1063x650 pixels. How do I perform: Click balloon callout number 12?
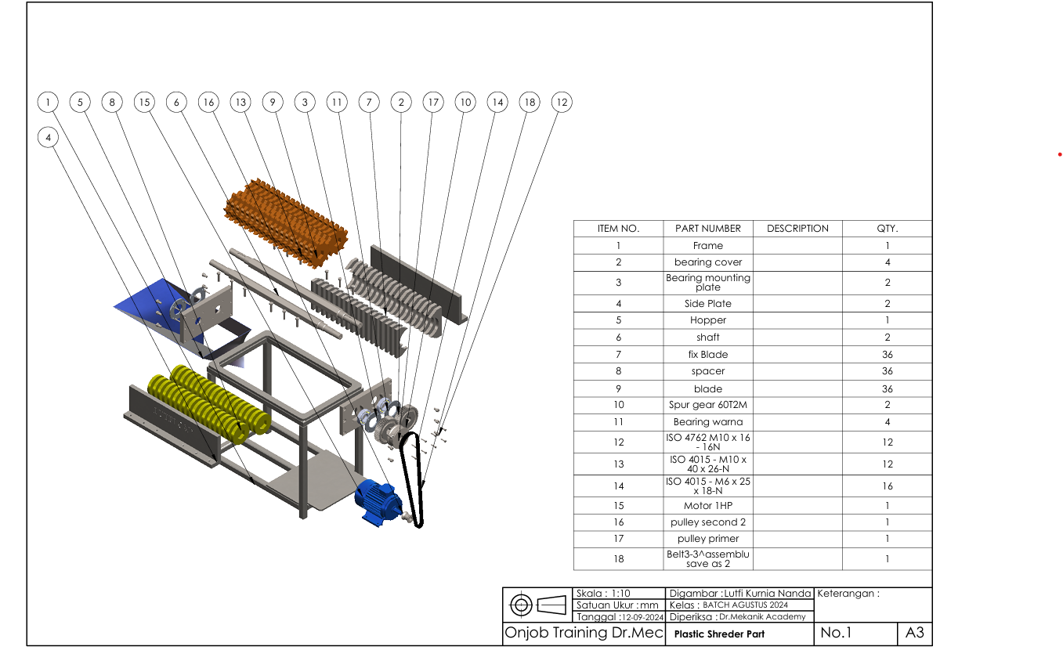(x=561, y=102)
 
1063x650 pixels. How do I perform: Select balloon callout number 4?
(x=49, y=137)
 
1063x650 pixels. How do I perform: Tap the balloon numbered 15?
(x=144, y=102)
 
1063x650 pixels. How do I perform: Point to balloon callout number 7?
(x=369, y=102)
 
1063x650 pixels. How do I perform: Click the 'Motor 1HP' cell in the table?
(x=708, y=505)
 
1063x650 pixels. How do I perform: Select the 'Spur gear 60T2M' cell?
(x=708, y=405)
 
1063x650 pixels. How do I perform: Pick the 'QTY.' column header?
(x=887, y=229)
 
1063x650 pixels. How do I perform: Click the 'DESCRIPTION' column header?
(x=797, y=229)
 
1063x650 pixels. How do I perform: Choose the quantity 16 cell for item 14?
(x=887, y=486)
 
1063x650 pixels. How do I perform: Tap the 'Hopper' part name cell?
(x=708, y=320)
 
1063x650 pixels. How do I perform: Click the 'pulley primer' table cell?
(x=708, y=539)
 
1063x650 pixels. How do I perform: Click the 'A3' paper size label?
(x=914, y=633)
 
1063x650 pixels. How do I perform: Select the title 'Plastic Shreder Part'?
(x=719, y=634)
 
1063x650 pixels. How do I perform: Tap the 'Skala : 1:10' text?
(x=603, y=594)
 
